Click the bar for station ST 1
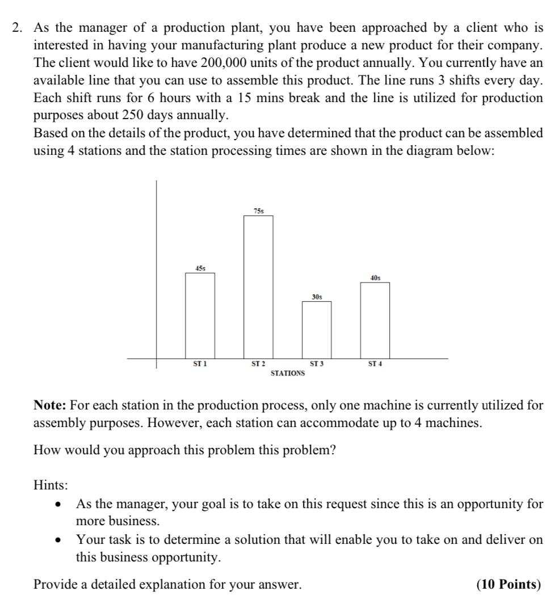pyautogui.click(x=200, y=315)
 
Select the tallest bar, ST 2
pyautogui.click(x=258, y=286)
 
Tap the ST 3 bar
pyautogui.click(x=317, y=329)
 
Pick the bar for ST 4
pyautogui.click(x=375, y=319)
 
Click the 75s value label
pyautogui.click(x=258, y=211)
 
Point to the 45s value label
pyautogui.click(x=200, y=268)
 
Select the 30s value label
pyautogui.click(x=317, y=297)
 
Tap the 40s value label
pyautogui.click(x=375, y=278)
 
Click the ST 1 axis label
pyautogui.click(x=200, y=364)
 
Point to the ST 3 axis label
pyautogui.click(x=317, y=364)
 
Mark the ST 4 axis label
pyautogui.click(x=375, y=364)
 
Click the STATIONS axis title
pyautogui.click(x=287, y=373)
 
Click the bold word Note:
pyautogui.click(x=51, y=405)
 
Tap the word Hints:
pyautogui.click(x=50, y=485)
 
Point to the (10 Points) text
pyautogui.click(x=509, y=584)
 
